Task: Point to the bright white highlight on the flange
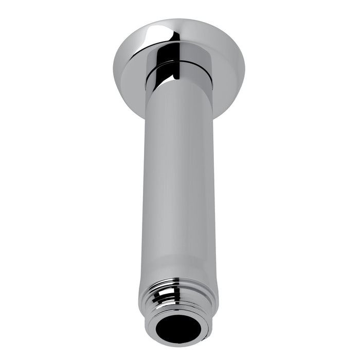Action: (154, 33)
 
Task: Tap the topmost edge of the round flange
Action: (180, 20)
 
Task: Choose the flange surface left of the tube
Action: (129, 82)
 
